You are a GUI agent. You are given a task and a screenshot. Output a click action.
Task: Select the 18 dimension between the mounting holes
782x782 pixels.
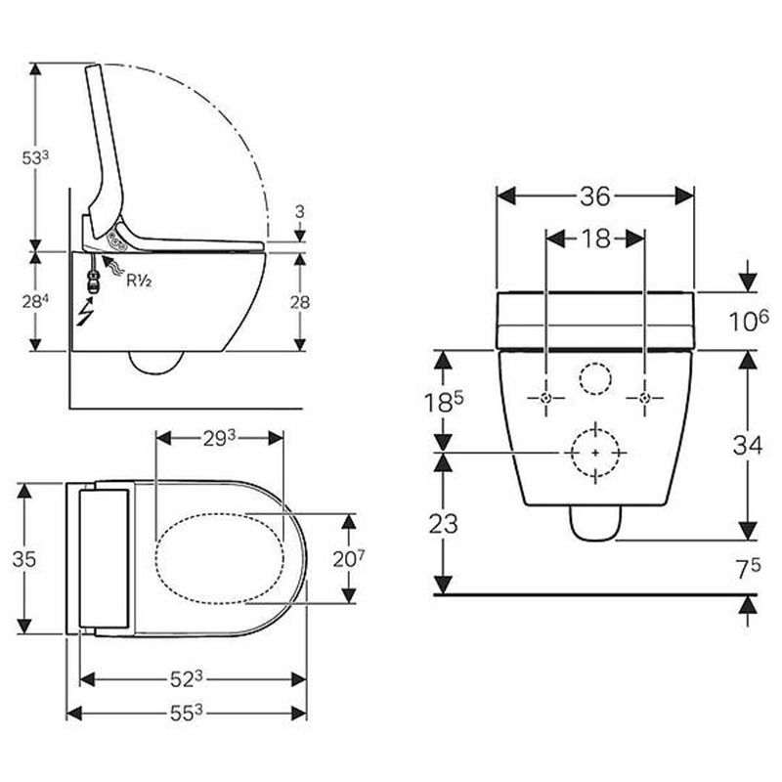(x=594, y=239)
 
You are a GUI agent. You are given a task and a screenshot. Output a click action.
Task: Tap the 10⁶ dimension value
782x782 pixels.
(x=749, y=321)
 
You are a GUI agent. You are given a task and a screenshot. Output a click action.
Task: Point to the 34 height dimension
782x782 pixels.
(x=749, y=445)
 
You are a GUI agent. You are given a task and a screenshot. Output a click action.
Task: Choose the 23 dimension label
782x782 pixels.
(x=443, y=523)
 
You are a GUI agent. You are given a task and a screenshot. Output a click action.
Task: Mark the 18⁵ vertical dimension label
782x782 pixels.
(x=443, y=401)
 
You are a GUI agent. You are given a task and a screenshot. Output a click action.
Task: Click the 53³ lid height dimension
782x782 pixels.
(x=35, y=156)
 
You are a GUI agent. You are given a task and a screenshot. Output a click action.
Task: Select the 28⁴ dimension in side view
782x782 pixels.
(x=35, y=302)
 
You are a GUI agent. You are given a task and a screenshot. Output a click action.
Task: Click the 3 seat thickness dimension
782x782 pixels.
(x=299, y=212)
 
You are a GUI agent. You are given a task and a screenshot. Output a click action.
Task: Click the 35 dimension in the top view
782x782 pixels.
(x=25, y=558)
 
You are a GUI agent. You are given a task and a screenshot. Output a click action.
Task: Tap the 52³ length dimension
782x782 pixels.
(x=186, y=677)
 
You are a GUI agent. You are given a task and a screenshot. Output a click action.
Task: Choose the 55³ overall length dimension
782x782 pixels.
(x=186, y=713)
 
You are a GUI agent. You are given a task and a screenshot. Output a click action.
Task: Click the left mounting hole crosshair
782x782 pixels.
(x=546, y=398)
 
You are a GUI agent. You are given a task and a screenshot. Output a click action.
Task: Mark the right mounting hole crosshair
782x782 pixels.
(x=643, y=398)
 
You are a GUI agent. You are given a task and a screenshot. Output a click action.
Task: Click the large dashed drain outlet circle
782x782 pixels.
(x=594, y=453)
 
